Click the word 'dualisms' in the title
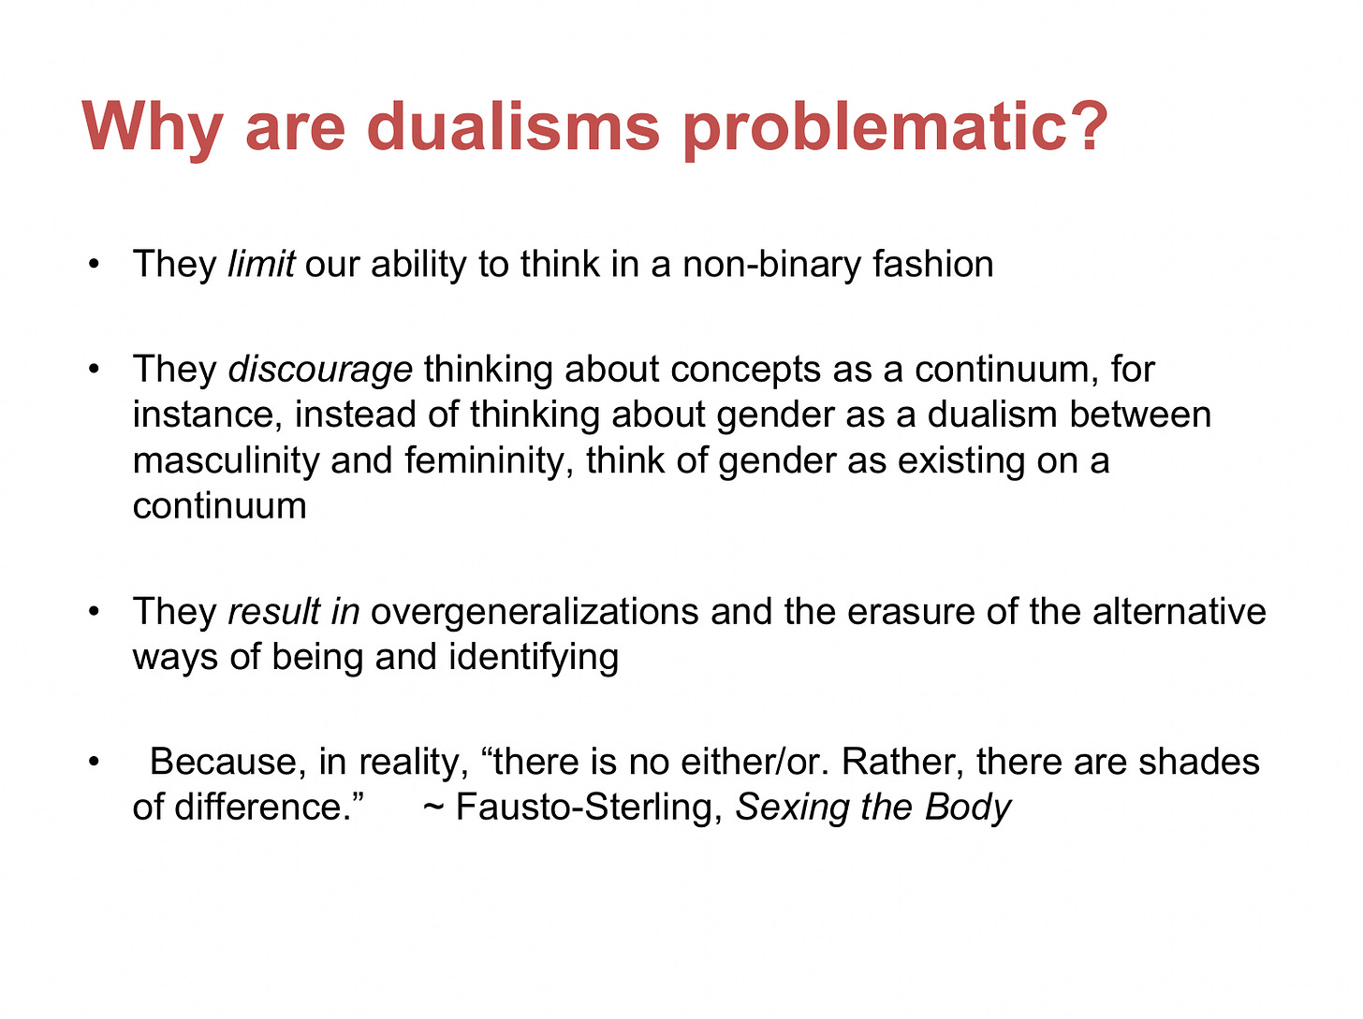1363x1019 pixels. [x=513, y=126]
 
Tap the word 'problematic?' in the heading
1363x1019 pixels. [x=895, y=130]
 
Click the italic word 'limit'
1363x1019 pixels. [x=261, y=264]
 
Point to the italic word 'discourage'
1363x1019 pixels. [x=320, y=371]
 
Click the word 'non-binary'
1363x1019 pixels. [x=772, y=266]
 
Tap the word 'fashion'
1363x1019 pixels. [x=933, y=264]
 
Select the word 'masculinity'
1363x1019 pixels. [x=226, y=462]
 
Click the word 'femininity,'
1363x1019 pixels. [x=490, y=462]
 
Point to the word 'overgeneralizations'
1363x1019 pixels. [x=535, y=613]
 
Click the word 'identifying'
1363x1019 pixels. [x=534, y=659]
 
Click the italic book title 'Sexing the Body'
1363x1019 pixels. [x=873, y=808]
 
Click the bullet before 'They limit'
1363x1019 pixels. [x=94, y=265]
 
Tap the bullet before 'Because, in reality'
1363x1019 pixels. [x=94, y=762]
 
